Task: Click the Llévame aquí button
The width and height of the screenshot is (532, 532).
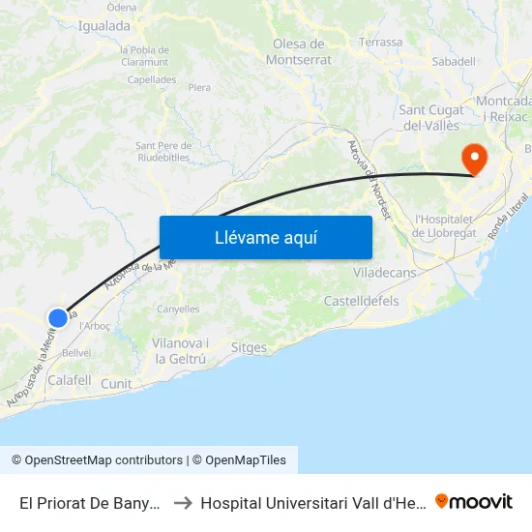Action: click(x=265, y=237)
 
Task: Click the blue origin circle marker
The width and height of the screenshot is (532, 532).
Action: click(x=58, y=317)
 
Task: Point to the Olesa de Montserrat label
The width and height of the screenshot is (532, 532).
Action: click(x=298, y=51)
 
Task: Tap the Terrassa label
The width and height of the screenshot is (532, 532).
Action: click(x=380, y=43)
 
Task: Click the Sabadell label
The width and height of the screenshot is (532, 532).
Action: click(x=454, y=61)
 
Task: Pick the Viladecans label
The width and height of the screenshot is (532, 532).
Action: click(x=384, y=273)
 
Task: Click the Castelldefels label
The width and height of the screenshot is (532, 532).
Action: click(x=361, y=302)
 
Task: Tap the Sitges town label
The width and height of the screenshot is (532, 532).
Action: click(x=250, y=347)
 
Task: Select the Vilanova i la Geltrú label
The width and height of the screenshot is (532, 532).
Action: click(x=181, y=351)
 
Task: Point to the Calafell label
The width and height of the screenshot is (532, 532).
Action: click(x=69, y=381)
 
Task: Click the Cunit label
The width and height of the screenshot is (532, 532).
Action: click(x=116, y=384)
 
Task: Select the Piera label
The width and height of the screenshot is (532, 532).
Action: click(x=199, y=87)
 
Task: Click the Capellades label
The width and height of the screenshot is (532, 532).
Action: click(x=151, y=79)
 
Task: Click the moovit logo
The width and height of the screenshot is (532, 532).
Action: click(x=474, y=501)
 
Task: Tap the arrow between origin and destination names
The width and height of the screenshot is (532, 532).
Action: click(x=181, y=502)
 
